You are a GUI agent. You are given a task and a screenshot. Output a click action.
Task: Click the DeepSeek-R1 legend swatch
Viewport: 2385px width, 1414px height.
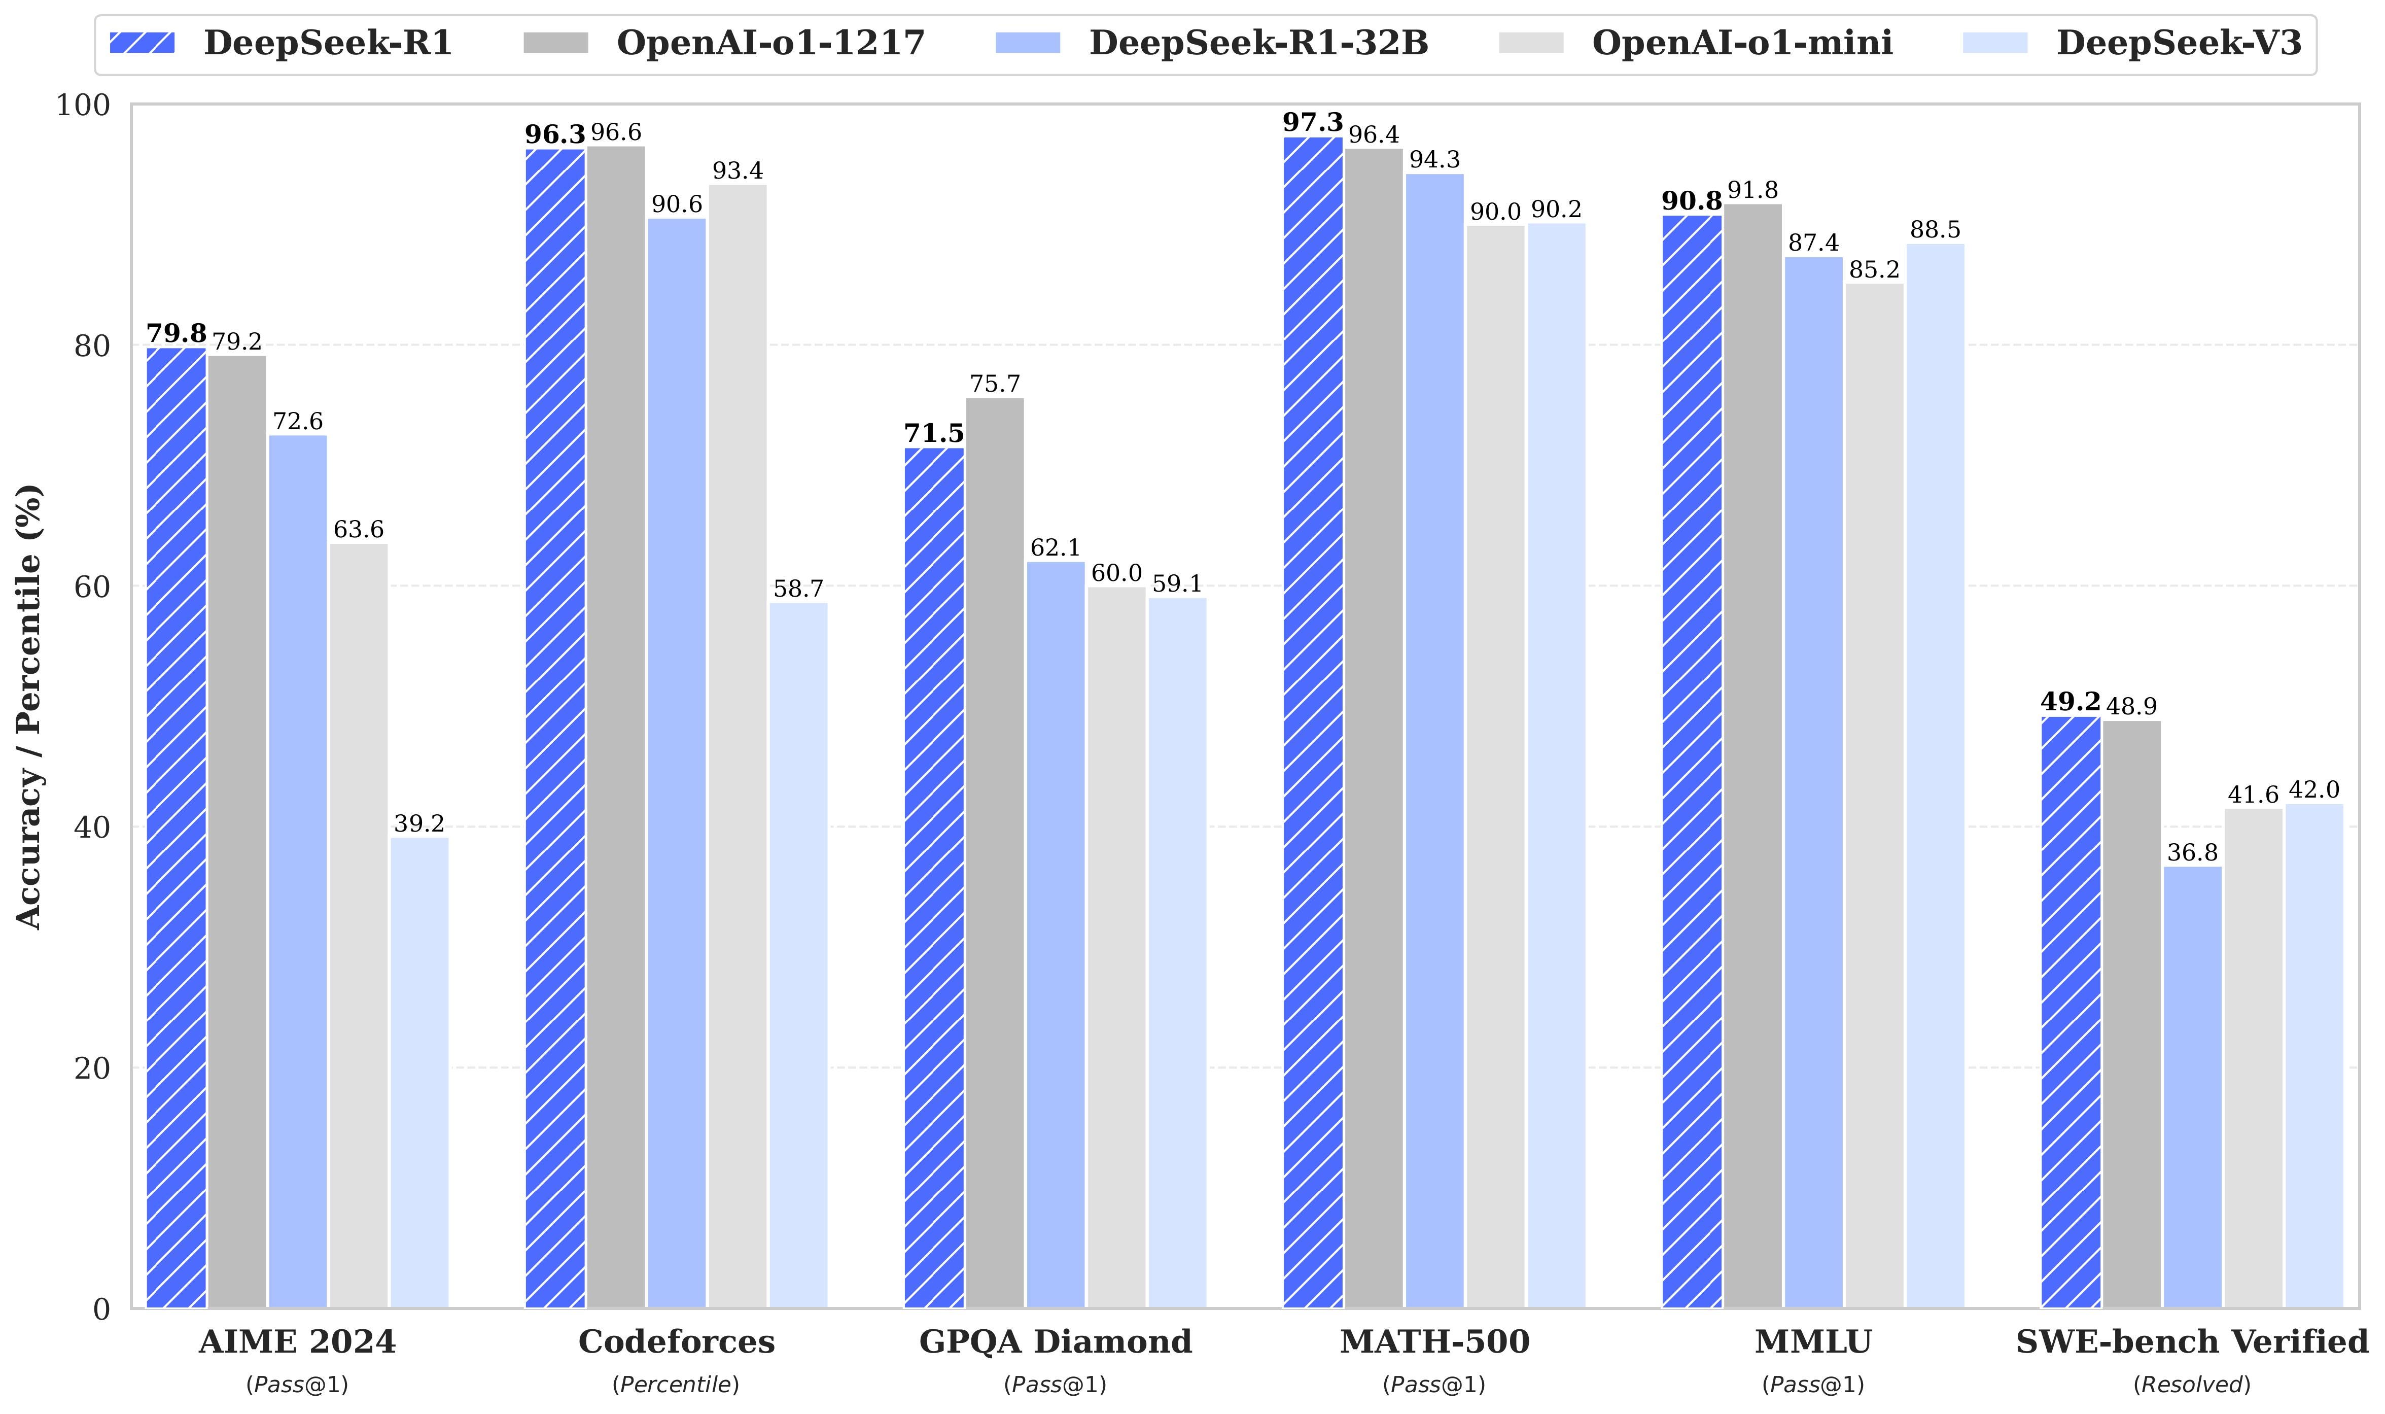click(x=142, y=43)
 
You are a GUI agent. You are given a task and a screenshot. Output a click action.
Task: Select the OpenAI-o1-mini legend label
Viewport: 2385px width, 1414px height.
click(x=1742, y=43)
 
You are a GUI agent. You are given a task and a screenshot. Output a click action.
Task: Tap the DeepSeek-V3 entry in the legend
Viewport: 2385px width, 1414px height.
click(x=2179, y=43)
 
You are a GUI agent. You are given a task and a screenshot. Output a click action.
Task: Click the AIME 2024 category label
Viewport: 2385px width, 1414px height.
click(x=297, y=1341)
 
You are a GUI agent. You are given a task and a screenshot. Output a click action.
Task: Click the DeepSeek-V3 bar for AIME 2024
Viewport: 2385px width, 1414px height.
click(x=419, y=1072)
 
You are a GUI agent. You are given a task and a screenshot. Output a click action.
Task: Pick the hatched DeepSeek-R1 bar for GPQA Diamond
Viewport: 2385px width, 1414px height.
click(x=933, y=877)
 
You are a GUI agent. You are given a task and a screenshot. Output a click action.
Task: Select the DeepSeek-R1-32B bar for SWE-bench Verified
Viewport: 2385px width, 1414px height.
click(x=2192, y=1086)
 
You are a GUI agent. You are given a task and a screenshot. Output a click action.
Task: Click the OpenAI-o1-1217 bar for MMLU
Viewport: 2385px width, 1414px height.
click(x=1752, y=753)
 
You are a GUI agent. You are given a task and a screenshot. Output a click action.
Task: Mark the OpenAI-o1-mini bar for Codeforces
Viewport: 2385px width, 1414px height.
click(x=737, y=743)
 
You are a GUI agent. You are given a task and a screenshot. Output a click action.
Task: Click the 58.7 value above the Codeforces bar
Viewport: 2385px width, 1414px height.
click(x=798, y=589)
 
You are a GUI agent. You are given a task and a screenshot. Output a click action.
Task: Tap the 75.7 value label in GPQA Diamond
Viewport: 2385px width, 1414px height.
click(x=994, y=384)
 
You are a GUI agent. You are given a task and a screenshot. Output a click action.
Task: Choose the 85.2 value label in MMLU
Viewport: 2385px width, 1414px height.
click(x=1874, y=269)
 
